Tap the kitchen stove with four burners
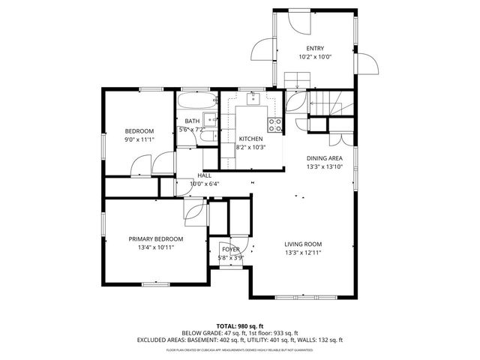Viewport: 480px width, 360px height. coord(275,124)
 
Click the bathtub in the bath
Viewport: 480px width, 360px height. coord(196,100)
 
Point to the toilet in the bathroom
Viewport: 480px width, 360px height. coord(212,136)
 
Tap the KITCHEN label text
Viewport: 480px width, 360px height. coord(250,139)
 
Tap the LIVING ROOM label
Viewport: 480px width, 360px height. coord(303,244)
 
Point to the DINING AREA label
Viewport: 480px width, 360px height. coord(324,158)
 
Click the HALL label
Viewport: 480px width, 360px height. coord(204,175)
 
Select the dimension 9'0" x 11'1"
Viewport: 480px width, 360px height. coord(139,139)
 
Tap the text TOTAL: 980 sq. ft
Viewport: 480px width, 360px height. coord(239,325)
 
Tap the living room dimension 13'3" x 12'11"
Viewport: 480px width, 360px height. coord(303,252)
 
